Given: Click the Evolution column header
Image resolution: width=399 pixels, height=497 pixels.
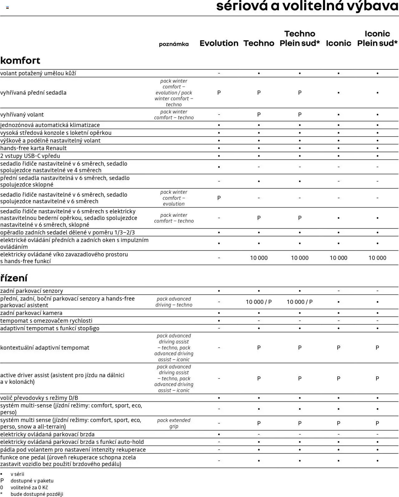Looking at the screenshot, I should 219,43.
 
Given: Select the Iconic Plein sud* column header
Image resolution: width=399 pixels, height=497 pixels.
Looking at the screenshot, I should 377,38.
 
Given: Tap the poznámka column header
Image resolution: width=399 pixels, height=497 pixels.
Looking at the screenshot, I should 174,44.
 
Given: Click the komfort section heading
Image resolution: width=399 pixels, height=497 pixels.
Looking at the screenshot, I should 20,60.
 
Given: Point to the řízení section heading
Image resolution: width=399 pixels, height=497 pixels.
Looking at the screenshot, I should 14,278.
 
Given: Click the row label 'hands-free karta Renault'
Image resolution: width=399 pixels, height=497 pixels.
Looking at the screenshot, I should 33,148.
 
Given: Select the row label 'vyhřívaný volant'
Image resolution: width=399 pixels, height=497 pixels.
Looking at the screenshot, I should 22,114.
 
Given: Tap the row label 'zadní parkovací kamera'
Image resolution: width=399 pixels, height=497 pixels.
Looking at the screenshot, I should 31,313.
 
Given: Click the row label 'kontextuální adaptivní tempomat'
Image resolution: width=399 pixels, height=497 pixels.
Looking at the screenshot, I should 45,348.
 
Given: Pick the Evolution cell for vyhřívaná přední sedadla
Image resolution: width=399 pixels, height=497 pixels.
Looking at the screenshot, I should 219,93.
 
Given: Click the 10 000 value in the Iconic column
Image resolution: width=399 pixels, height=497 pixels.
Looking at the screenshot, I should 338,258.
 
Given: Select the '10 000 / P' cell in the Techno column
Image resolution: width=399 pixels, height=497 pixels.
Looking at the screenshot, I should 259,302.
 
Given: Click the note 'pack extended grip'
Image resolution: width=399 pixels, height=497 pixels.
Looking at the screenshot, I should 174,423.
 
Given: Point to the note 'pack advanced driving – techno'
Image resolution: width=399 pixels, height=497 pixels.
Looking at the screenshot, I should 174,302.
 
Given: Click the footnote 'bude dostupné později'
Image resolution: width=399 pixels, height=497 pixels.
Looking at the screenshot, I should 37,494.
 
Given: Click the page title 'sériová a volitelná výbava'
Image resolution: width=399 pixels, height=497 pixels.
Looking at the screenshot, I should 307,6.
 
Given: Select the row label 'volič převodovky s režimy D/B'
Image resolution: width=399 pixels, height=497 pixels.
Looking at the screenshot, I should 39,398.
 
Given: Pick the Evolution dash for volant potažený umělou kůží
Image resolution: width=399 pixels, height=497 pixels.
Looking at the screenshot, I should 219,73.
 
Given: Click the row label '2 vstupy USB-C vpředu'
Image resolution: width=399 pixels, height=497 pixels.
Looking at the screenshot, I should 30,156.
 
